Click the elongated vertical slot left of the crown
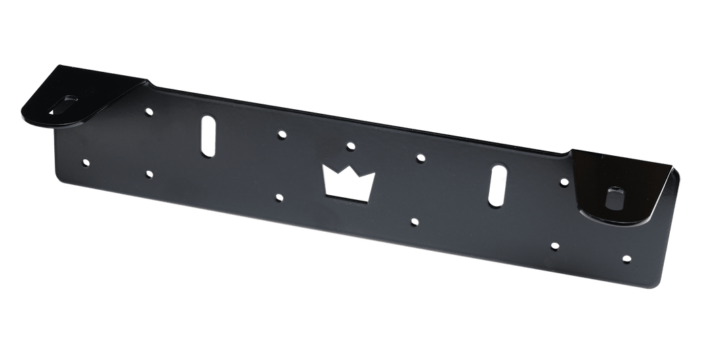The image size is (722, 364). (x=207, y=137)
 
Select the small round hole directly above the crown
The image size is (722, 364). (x=350, y=145)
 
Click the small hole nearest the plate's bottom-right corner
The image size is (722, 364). (x=626, y=258)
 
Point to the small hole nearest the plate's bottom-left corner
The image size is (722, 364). (x=85, y=162)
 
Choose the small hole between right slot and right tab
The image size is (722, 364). (x=564, y=181)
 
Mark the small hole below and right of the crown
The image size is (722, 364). (x=414, y=220)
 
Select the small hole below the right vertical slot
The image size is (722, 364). (x=554, y=245)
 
